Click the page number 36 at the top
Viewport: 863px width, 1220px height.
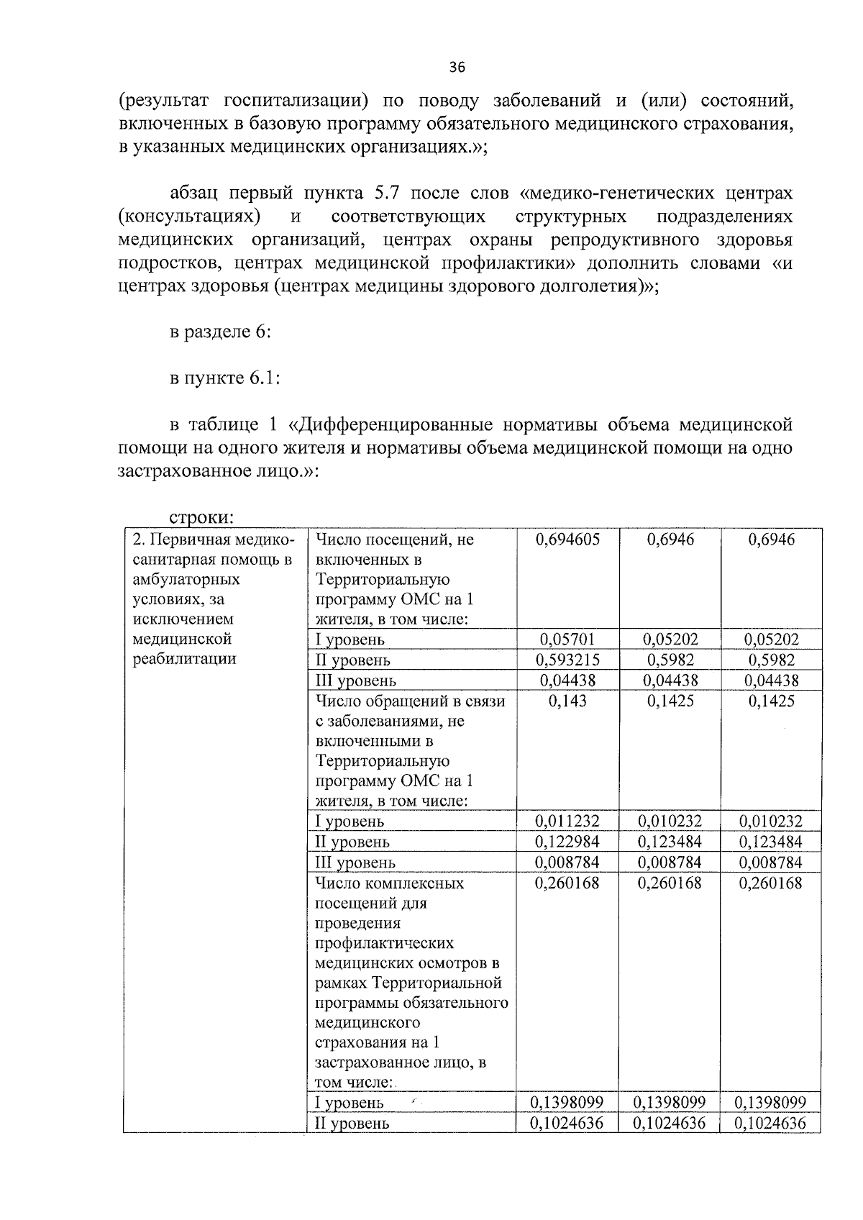pyautogui.click(x=457, y=68)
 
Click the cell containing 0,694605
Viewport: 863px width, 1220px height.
pyautogui.click(x=567, y=540)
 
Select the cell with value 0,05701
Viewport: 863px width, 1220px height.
pyautogui.click(x=567, y=639)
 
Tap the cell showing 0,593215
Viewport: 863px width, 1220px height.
pyautogui.click(x=567, y=660)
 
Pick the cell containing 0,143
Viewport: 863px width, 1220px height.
pyautogui.click(x=567, y=701)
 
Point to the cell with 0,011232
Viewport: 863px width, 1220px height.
pyautogui.click(x=567, y=821)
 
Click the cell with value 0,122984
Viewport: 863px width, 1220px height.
pyautogui.click(x=567, y=842)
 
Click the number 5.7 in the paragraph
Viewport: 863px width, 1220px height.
pyautogui.click(x=391, y=194)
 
